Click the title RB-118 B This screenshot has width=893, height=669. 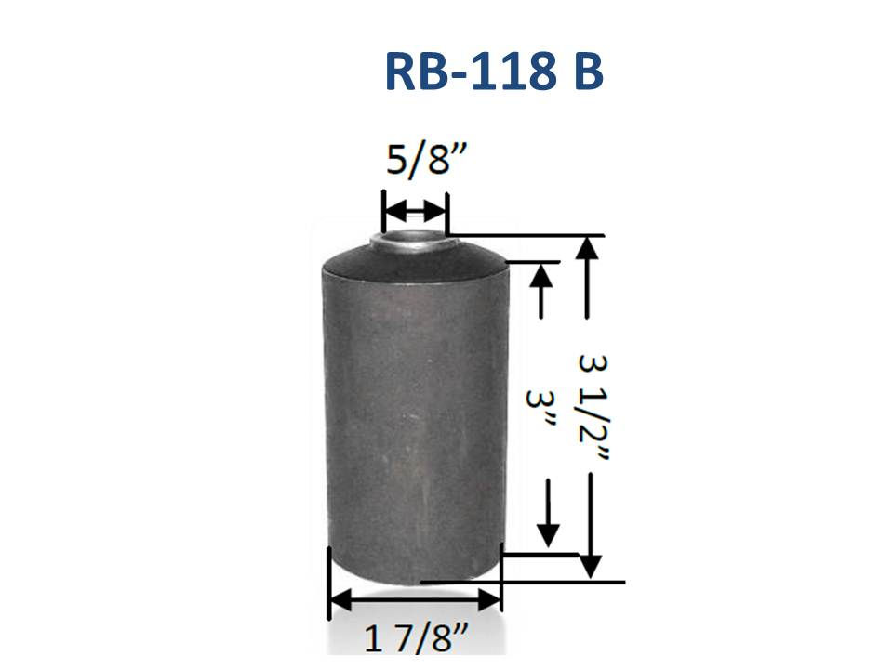(x=494, y=72)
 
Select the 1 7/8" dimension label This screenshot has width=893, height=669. (x=416, y=638)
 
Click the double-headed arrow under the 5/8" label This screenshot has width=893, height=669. (x=415, y=212)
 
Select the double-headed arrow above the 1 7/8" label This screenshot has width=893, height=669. (x=415, y=599)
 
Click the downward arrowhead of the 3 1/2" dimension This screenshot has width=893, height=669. (x=591, y=566)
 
